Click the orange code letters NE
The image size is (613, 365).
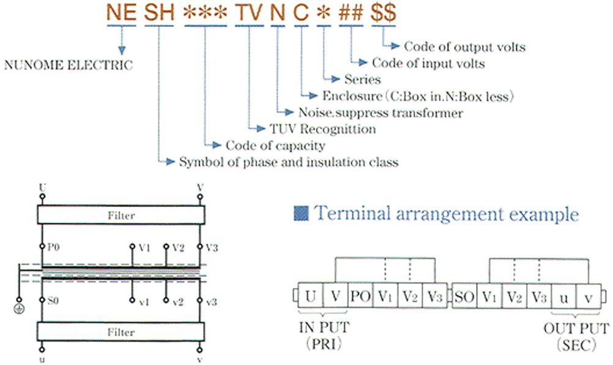pyautogui.click(x=121, y=13)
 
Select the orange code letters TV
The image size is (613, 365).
pyautogui.click(x=248, y=13)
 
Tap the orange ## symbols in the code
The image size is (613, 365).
pyautogui.click(x=351, y=13)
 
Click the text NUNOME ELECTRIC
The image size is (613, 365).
pyautogui.click(x=69, y=65)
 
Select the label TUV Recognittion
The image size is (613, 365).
pyautogui.click(x=322, y=129)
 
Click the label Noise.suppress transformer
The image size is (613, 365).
pyautogui.click(x=381, y=113)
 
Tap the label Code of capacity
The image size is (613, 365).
pyautogui.click(x=275, y=146)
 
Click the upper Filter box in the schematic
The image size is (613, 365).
pyautogui.click(x=121, y=216)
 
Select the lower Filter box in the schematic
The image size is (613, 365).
pyautogui.click(x=121, y=332)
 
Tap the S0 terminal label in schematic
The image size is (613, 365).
pyautogui.click(x=54, y=301)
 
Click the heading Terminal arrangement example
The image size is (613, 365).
pyautogui.click(x=445, y=214)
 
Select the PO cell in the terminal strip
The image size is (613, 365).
pyautogui.click(x=360, y=297)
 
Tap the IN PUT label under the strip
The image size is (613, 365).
pyautogui.click(x=322, y=328)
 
